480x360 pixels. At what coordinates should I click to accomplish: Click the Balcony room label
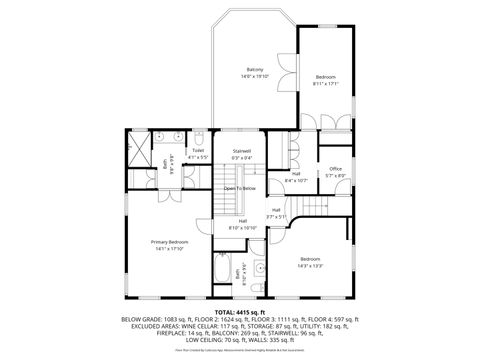click(255, 69)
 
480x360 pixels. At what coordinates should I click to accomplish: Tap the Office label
click(335, 169)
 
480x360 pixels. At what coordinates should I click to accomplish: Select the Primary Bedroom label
click(169, 242)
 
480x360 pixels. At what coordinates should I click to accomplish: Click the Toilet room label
click(198, 151)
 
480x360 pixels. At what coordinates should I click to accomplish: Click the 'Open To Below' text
click(240, 188)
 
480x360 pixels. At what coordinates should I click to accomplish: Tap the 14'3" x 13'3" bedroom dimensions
click(309, 265)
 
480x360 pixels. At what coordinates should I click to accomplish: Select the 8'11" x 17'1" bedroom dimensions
click(327, 84)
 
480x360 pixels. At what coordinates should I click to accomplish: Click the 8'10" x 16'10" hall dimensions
click(243, 228)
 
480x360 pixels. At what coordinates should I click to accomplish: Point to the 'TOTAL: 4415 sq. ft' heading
click(240, 311)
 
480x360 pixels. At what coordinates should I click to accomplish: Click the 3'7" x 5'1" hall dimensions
click(276, 216)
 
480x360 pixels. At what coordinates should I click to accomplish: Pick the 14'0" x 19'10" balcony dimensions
click(255, 76)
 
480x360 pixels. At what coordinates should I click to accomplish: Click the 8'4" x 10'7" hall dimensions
click(296, 180)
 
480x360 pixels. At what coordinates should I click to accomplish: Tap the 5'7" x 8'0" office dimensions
click(335, 176)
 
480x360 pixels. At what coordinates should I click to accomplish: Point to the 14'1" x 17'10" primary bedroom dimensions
click(169, 249)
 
